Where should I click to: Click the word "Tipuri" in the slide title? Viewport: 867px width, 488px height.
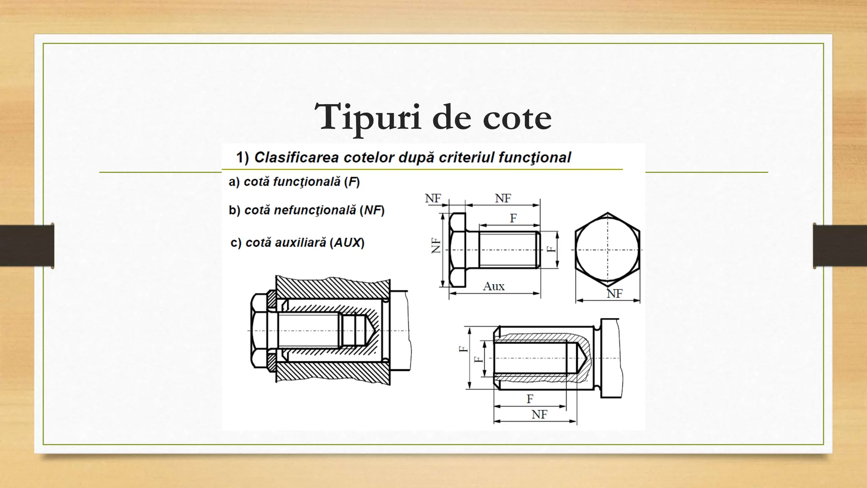pyautogui.click(x=368, y=117)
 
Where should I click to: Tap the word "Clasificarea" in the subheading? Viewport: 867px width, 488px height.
pyautogui.click(x=296, y=158)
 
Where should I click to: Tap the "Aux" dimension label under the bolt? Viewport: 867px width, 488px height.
pyautogui.click(x=494, y=286)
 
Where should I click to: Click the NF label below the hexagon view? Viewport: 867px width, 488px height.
pyautogui.click(x=614, y=294)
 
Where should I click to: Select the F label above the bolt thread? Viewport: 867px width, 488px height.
pyautogui.click(x=513, y=218)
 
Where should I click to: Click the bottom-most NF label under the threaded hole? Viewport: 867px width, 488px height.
pyautogui.click(x=539, y=415)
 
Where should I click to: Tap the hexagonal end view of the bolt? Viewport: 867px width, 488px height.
pyautogui.click(x=607, y=249)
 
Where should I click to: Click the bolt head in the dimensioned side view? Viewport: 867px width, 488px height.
pyautogui.click(x=457, y=250)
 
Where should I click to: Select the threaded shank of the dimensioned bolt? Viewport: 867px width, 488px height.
pyautogui.click(x=508, y=250)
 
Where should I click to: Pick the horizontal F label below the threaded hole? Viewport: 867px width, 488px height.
pyautogui.click(x=530, y=399)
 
